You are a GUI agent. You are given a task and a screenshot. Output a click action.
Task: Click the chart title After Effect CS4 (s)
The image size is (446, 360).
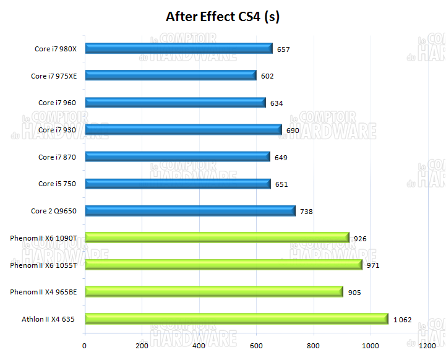223,17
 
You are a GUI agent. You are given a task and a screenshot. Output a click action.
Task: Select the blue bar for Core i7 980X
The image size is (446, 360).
179,48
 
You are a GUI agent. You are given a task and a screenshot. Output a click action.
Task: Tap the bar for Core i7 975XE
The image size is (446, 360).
171,75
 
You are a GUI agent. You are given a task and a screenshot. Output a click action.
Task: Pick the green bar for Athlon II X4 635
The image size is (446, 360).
236,319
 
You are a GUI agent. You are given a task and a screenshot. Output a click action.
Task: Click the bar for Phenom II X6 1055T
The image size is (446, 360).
223,265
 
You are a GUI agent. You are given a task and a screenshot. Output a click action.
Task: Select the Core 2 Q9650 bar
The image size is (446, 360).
190,211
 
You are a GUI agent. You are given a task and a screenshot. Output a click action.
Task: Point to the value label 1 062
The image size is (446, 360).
402,320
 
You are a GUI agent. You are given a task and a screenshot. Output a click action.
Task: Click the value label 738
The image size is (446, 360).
306,212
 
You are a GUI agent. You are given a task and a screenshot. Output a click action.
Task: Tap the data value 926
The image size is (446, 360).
360,238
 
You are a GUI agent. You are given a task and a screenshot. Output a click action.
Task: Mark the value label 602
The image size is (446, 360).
267,76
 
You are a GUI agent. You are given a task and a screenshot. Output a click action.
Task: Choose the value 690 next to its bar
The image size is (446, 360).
293,131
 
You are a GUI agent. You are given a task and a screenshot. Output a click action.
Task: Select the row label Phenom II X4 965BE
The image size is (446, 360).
43,292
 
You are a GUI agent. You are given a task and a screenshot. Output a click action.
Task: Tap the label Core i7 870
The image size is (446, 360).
57,157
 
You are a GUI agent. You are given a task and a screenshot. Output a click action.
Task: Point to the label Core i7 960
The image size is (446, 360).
57,103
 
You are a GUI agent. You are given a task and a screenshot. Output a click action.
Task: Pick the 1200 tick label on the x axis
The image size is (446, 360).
427,345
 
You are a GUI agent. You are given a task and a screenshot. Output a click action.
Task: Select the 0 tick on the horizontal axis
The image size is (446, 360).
85,345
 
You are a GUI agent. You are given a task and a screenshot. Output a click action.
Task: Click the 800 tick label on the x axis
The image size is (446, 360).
313,345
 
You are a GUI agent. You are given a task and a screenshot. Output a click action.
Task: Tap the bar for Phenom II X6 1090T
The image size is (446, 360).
217,238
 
